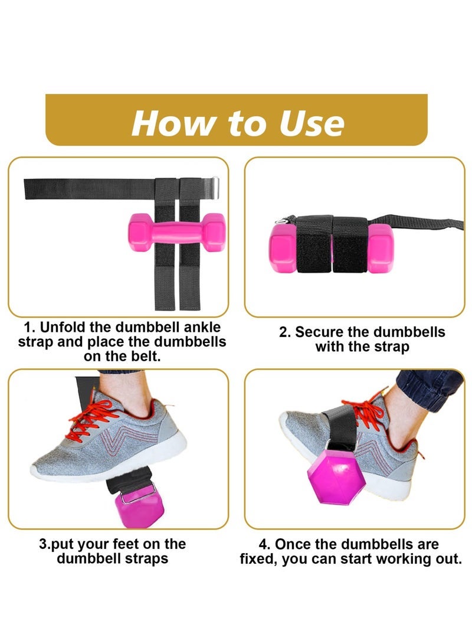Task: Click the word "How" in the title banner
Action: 171,122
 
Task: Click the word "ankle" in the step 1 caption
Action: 204,328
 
